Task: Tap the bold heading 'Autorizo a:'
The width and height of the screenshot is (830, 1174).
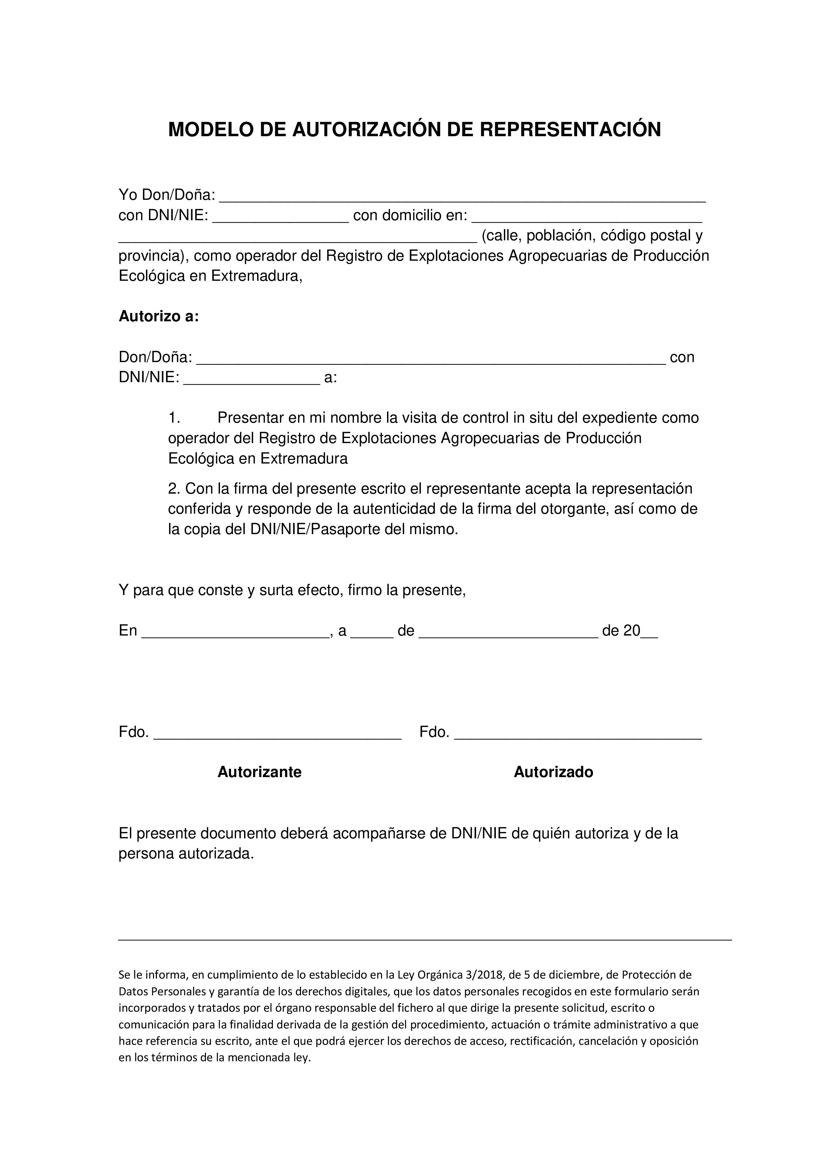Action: (158, 317)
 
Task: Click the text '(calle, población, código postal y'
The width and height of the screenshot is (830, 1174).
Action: (592, 236)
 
